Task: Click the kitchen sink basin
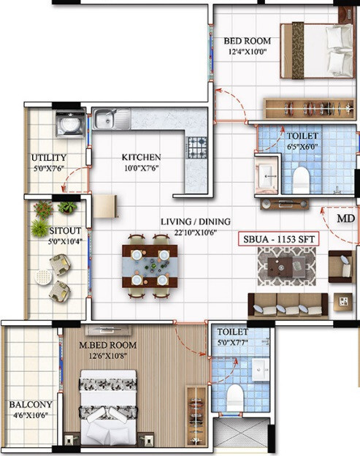[x=104, y=119]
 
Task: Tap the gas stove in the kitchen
[x=197, y=148]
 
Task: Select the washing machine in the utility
[x=71, y=123]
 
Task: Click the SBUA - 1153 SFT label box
[x=278, y=239]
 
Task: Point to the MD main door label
[x=346, y=218]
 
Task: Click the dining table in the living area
[x=150, y=266]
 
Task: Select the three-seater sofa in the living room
[x=288, y=306]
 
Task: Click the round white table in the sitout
[x=43, y=277]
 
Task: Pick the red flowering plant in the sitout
[x=43, y=209]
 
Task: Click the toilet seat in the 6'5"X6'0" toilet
[x=301, y=180]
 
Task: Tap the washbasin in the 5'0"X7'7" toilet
[x=260, y=369]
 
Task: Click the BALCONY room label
[x=31, y=405]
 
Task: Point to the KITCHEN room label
[x=141, y=157]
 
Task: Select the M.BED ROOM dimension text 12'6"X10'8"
[x=108, y=356]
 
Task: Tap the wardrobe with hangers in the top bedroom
[x=310, y=108]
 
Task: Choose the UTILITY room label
[x=49, y=158]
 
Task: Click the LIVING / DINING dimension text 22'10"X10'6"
[x=196, y=232]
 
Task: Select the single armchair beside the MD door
[x=342, y=267]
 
